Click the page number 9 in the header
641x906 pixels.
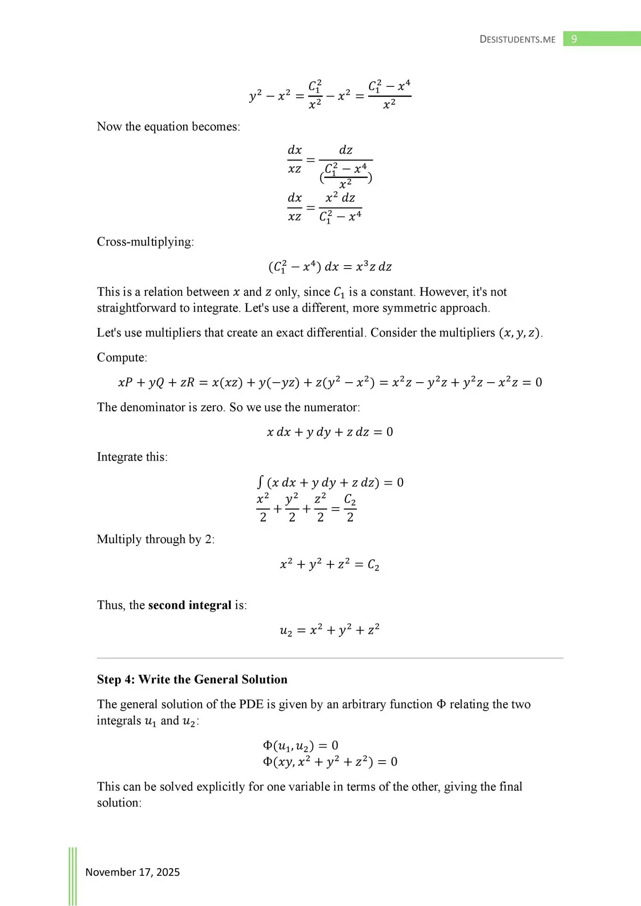click(x=574, y=39)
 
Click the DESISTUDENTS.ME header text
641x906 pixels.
click(x=517, y=39)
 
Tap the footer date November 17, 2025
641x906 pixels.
click(x=133, y=872)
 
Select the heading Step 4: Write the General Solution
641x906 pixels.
click(x=192, y=679)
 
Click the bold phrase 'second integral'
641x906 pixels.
click(x=190, y=605)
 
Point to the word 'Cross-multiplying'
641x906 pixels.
click(x=144, y=242)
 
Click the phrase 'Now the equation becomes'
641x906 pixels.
click(x=168, y=126)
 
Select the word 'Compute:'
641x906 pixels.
click(x=122, y=357)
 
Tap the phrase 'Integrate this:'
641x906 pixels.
click(x=132, y=457)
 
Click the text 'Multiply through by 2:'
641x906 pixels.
click(x=156, y=539)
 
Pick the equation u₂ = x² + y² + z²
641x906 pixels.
click(x=329, y=630)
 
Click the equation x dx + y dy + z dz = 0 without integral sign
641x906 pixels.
click(x=329, y=432)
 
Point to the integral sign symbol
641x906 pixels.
click(x=260, y=482)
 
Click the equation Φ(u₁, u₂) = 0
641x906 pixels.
click(x=301, y=746)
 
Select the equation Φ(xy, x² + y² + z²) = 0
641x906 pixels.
click(x=329, y=762)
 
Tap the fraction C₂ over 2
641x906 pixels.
click(x=350, y=508)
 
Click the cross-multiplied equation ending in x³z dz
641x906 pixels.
click(x=330, y=267)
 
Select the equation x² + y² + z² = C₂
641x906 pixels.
click(x=329, y=564)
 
